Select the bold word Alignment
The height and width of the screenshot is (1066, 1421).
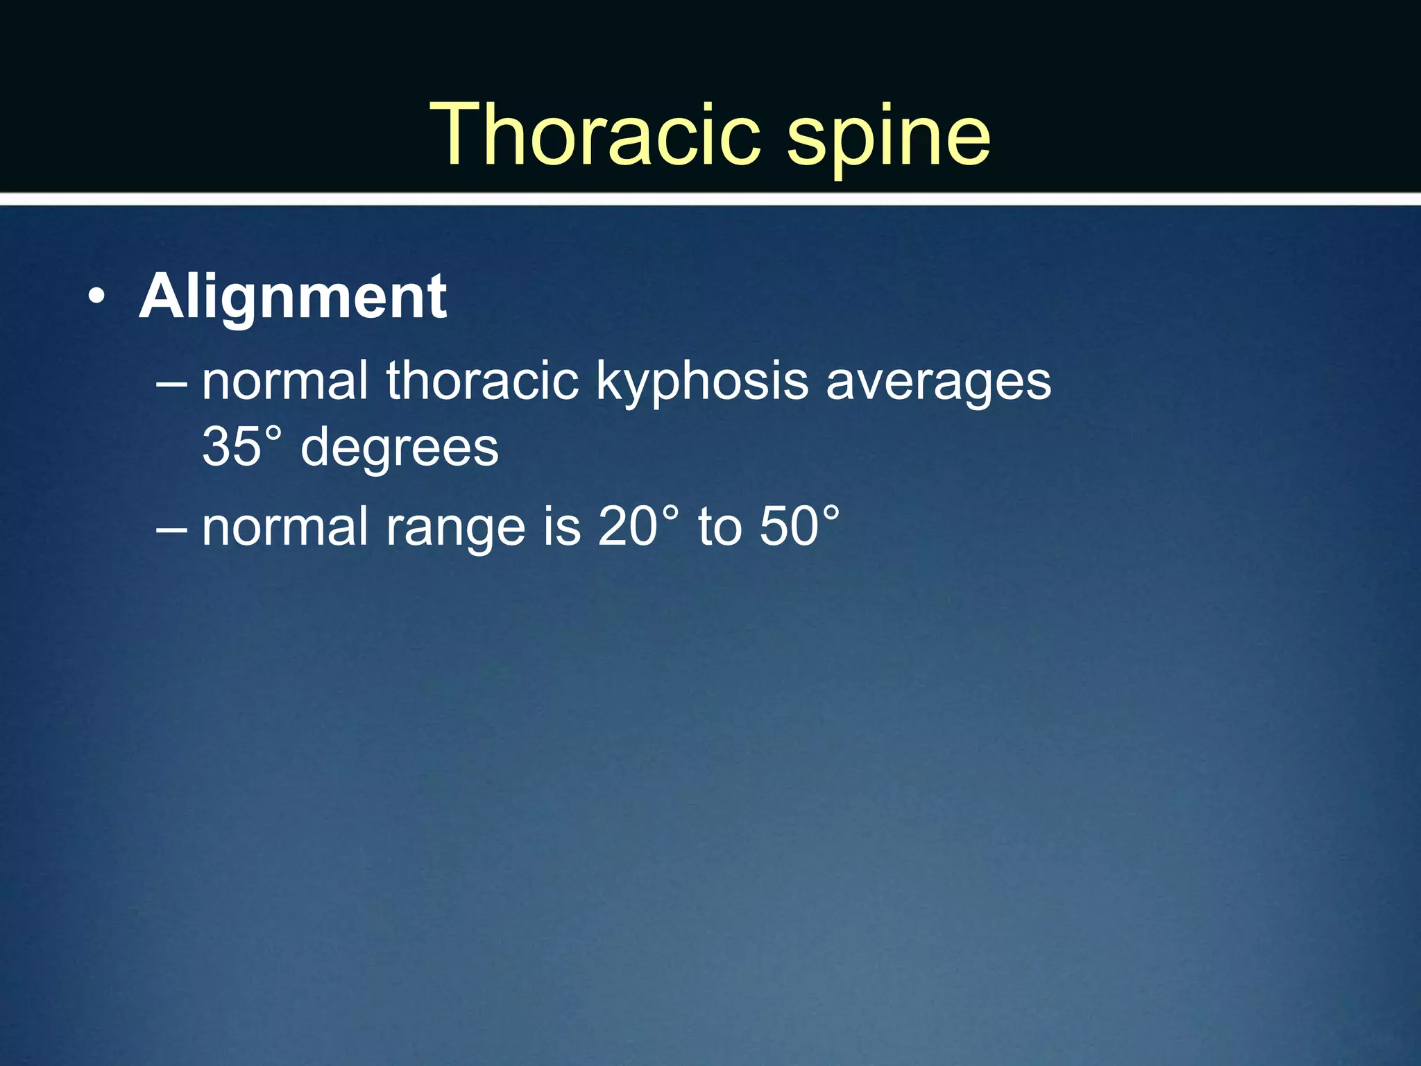coord(293,296)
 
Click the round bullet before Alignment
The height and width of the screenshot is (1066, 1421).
coord(97,299)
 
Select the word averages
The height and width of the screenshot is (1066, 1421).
coord(938,383)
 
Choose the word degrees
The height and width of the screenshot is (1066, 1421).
coord(399,450)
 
